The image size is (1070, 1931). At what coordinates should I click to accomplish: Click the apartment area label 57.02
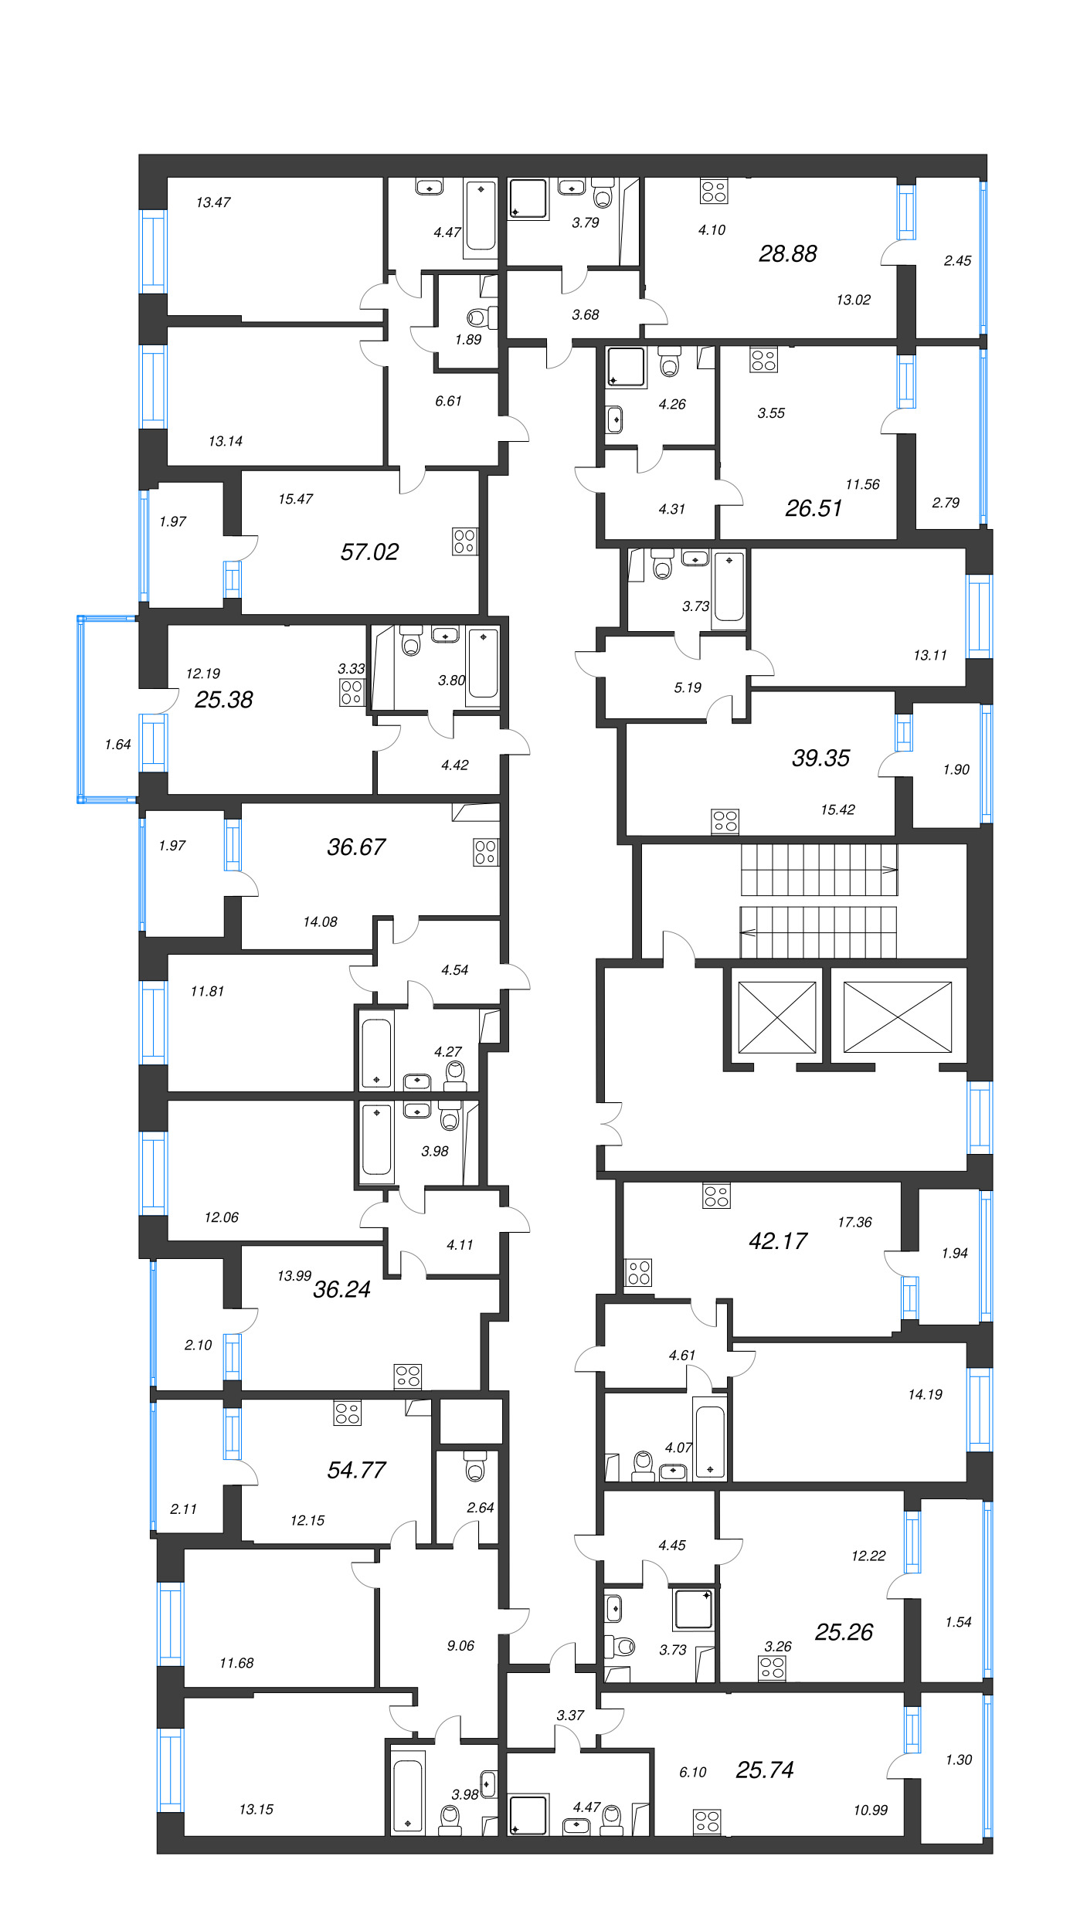coord(369,551)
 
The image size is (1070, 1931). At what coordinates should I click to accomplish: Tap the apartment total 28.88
coord(787,253)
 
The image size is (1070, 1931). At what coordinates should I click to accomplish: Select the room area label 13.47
coord(213,202)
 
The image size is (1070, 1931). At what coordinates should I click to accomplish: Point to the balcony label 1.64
coord(117,745)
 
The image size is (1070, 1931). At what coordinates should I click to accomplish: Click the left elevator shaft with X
coord(776,1016)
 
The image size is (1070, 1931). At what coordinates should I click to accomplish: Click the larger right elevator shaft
coord(897,1016)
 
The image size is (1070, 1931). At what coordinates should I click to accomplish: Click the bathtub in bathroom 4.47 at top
coord(481,216)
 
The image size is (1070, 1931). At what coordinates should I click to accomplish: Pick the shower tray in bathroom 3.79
coord(528,199)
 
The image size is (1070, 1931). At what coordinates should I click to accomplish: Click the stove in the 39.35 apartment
coord(725,821)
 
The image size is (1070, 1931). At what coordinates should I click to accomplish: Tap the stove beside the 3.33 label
coord(351,692)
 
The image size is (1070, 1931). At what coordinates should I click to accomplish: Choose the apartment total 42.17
coord(778,1240)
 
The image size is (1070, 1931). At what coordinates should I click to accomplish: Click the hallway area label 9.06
coord(460,1645)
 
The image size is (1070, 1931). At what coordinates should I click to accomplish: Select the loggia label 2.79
coord(946,503)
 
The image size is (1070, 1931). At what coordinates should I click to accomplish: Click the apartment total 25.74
coord(765,1770)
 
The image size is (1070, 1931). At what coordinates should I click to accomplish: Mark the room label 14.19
coord(925,1394)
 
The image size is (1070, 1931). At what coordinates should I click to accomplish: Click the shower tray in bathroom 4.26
coord(625,367)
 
